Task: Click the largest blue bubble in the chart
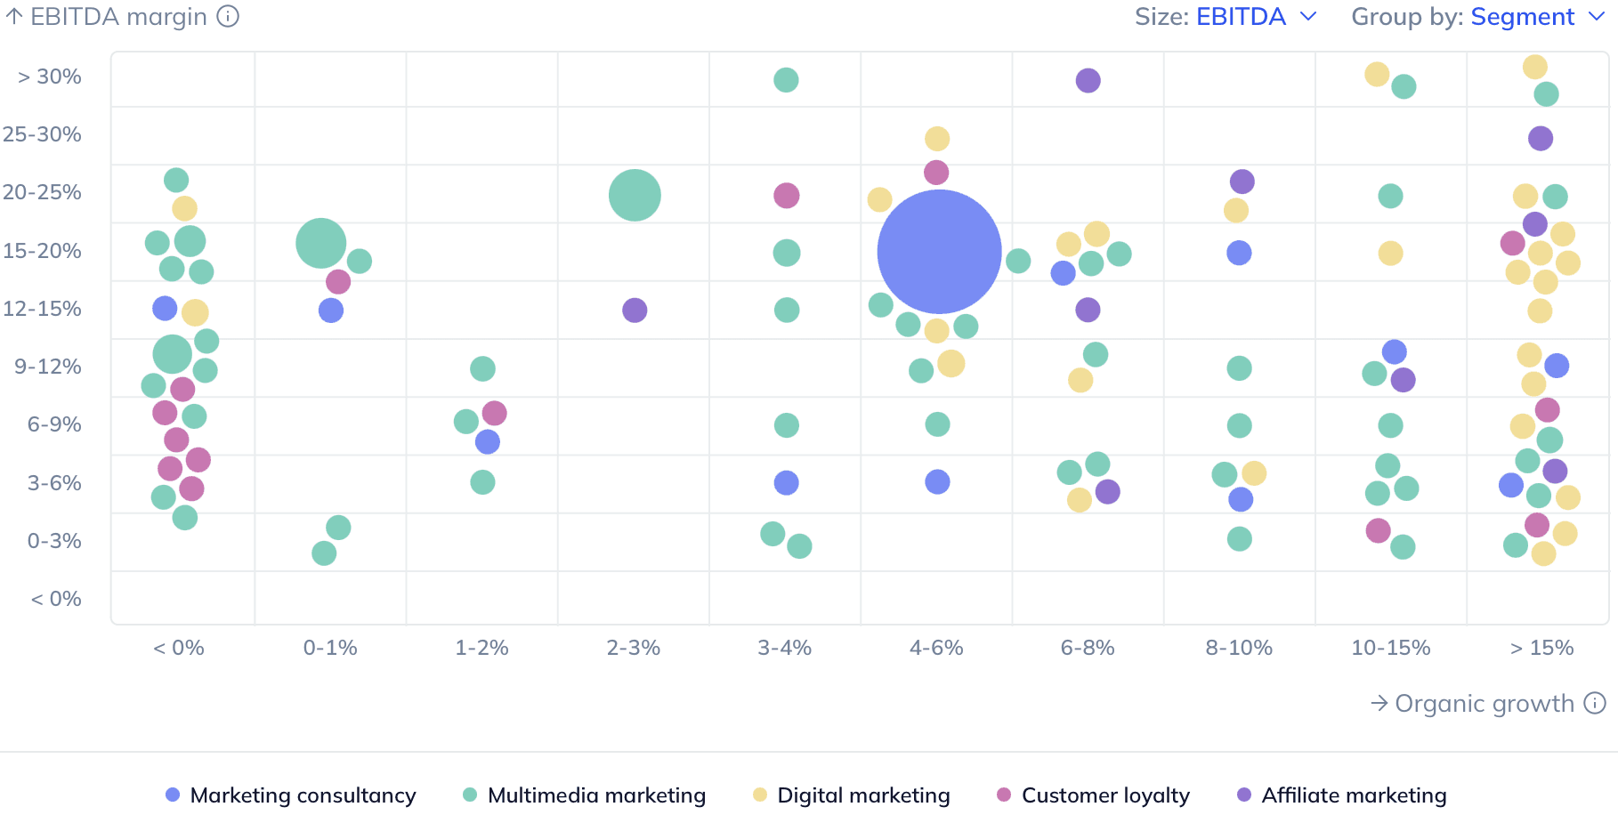[939, 252]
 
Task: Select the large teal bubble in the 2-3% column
[635, 195]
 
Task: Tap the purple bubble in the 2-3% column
[635, 311]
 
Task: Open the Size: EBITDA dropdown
[1225, 17]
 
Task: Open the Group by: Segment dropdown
[1476, 17]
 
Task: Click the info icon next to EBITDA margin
[229, 17]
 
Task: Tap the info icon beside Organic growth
[1595, 703]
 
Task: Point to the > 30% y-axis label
[50, 77]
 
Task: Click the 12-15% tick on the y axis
[43, 309]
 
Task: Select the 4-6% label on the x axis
[936, 648]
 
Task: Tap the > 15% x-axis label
[1541, 648]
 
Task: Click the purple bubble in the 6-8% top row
[1088, 80]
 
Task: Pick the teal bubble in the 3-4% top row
[786, 80]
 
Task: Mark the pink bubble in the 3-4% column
[786, 196]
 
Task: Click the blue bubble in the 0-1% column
[331, 311]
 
